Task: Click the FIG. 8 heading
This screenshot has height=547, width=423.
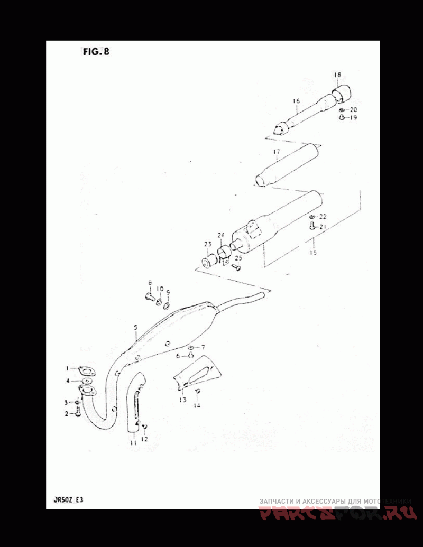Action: (x=96, y=52)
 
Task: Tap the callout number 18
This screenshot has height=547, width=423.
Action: (x=337, y=75)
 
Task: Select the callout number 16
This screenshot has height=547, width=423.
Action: (x=295, y=100)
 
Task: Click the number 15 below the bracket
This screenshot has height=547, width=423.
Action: (x=313, y=253)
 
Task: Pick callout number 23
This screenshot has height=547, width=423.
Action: (x=208, y=244)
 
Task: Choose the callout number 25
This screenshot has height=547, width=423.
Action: (x=238, y=258)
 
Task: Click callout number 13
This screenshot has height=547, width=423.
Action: (x=182, y=400)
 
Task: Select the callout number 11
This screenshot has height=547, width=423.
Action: (x=133, y=443)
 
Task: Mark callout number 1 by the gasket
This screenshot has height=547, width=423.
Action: (x=68, y=368)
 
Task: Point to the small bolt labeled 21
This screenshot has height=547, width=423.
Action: (x=311, y=227)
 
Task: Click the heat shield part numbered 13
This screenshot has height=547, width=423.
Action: (x=198, y=374)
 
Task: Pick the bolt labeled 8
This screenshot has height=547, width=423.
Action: (x=149, y=296)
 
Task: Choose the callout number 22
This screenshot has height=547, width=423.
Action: (x=323, y=217)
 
